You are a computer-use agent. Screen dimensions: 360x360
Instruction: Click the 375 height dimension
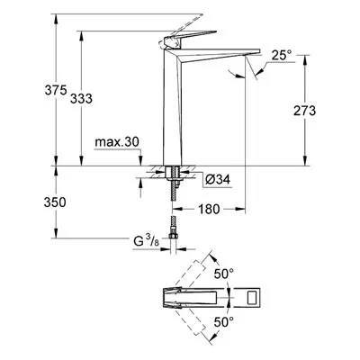(x=56, y=90)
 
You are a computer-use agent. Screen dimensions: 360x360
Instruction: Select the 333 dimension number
(x=81, y=98)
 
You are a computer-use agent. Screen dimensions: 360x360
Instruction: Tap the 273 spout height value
(x=304, y=111)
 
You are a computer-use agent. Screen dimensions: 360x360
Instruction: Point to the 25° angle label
(x=282, y=56)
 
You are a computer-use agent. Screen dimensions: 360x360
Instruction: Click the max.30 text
(x=117, y=142)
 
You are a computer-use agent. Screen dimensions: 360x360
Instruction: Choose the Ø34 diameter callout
(x=218, y=180)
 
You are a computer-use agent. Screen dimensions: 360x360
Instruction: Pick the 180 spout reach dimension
(x=209, y=209)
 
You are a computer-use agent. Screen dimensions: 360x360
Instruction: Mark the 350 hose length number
(x=55, y=202)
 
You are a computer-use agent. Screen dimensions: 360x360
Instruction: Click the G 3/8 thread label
(x=146, y=241)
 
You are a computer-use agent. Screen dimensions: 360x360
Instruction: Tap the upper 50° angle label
(x=224, y=274)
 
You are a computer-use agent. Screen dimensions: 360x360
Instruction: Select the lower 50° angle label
(x=224, y=322)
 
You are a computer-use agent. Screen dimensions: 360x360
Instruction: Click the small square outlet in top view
(x=251, y=298)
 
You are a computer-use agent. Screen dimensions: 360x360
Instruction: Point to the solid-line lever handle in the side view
(x=187, y=38)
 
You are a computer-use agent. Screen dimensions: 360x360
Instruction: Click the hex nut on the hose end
(x=173, y=236)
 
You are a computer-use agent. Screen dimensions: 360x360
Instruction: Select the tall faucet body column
(x=173, y=106)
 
